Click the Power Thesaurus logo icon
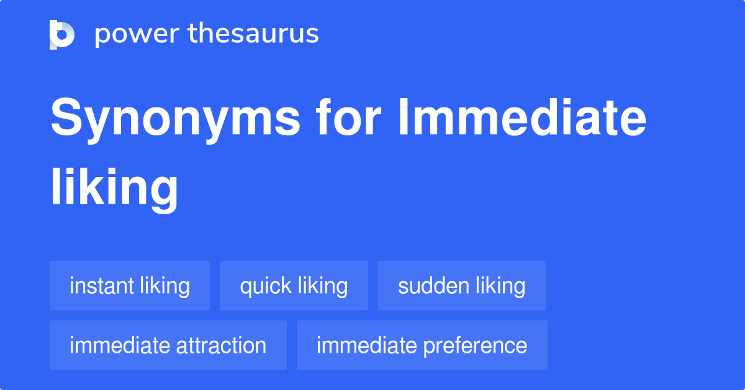pyautogui.click(x=62, y=34)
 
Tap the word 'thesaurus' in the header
pyautogui.click(x=253, y=34)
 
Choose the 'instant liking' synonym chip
pyautogui.click(x=130, y=286)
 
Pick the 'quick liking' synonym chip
pyautogui.click(x=294, y=286)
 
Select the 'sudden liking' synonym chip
pyautogui.click(x=461, y=286)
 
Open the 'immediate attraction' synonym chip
pyautogui.click(x=168, y=345)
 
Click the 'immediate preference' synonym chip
pyautogui.click(x=422, y=345)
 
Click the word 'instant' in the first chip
pyautogui.click(x=101, y=286)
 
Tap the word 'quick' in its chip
pyautogui.click(x=266, y=286)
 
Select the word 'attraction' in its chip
pyautogui.click(x=221, y=345)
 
